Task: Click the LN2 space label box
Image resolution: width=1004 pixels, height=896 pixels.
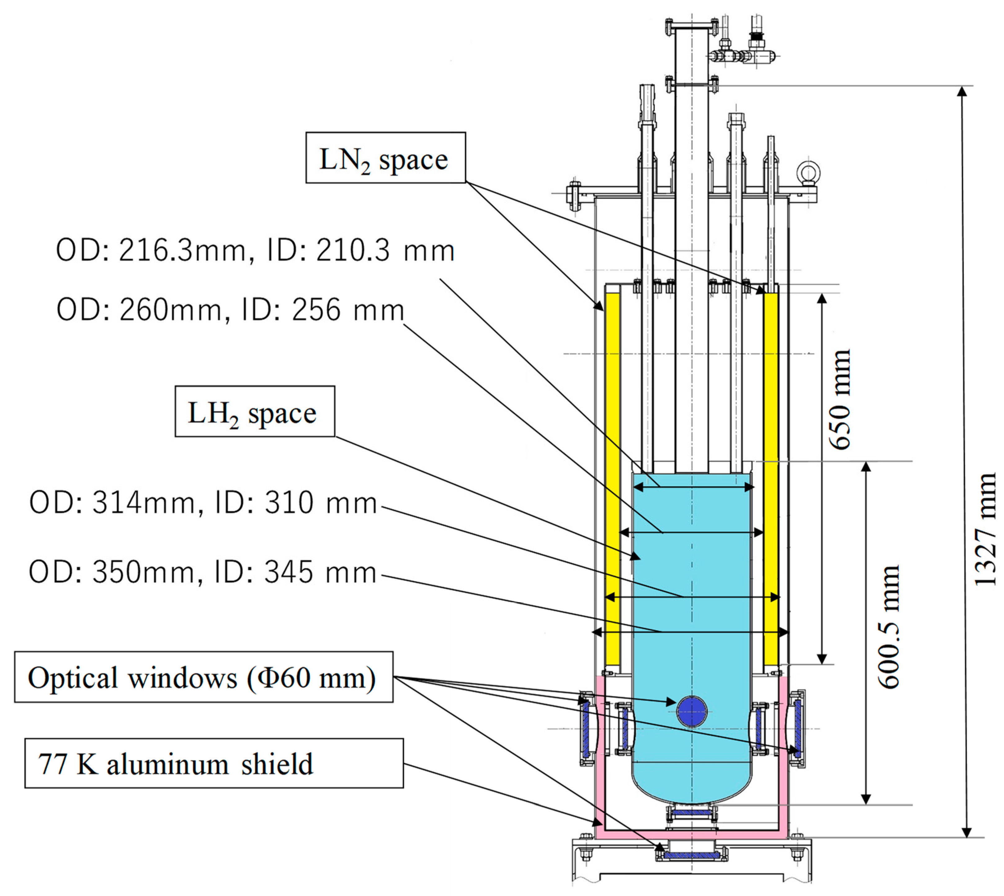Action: coord(385,158)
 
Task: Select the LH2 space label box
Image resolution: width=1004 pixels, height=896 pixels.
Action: coord(254,412)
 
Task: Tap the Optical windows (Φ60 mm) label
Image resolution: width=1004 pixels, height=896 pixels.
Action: coord(203,678)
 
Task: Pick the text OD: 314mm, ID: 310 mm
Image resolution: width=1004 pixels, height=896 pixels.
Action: coord(203,503)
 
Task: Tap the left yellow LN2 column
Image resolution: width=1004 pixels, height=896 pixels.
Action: coord(613,478)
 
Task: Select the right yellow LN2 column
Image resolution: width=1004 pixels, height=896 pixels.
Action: coord(771,478)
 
